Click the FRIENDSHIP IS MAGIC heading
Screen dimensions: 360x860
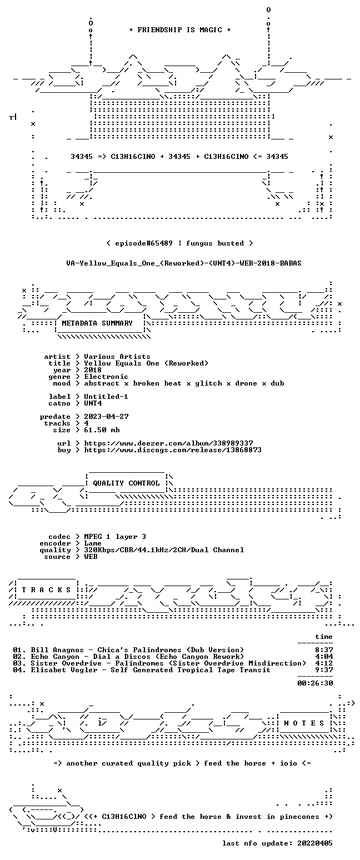click(x=180, y=30)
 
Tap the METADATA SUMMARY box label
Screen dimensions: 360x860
click(x=97, y=323)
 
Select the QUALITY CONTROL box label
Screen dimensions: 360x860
click(x=126, y=483)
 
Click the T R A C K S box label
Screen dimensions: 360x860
click(x=46, y=590)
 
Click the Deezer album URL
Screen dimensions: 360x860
click(x=168, y=443)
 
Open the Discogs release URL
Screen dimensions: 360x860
click(x=173, y=450)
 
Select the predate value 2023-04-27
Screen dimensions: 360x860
click(x=106, y=417)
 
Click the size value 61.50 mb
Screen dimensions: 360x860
click(x=102, y=430)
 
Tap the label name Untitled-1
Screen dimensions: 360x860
click(x=106, y=397)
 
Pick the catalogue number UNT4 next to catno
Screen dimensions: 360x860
click(x=93, y=403)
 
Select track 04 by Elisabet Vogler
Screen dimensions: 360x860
click(x=142, y=670)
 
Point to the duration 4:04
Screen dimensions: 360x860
click(x=324, y=657)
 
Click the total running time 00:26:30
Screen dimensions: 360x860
click(x=315, y=683)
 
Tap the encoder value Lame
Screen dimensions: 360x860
click(x=93, y=543)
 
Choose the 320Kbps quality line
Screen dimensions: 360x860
click(x=164, y=550)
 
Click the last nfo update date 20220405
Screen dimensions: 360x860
click(x=315, y=843)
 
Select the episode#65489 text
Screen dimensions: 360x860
click(x=144, y=243)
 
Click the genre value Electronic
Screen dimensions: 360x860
click(x=106, y=377)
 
